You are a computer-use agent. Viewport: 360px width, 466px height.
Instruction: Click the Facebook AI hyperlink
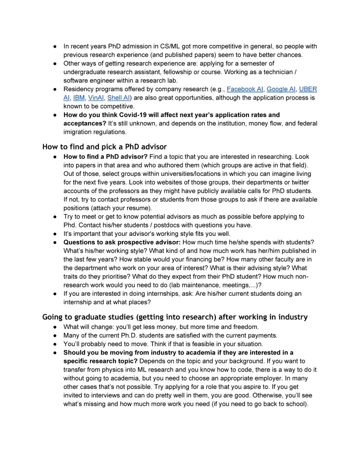tap(245, 89)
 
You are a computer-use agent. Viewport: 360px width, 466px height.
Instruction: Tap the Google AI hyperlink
tap(281, 89)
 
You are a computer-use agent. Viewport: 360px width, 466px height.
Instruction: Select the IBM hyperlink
tap(79, 98)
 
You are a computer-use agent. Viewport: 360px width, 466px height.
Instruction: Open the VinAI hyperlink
tap(96, 98)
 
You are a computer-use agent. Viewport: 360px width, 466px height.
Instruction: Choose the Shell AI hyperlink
tap(118, 98)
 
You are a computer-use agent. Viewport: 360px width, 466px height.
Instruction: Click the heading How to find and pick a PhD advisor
tap(104, 147)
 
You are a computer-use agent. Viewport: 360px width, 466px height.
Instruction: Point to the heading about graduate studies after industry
tap(175, 317)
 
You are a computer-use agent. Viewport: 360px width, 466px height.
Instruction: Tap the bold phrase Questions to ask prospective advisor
tap(122, 242)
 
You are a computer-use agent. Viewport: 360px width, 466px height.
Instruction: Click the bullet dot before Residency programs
tap(55, 89)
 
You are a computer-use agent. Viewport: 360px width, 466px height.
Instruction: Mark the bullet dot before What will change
tap(55, 327)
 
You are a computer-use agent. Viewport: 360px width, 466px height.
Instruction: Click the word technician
tap(278, 72)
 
